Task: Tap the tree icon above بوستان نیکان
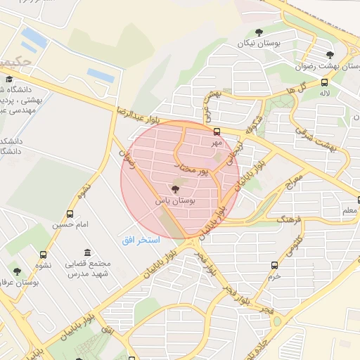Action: (259, 32)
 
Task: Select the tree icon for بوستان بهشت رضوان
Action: (330, 55)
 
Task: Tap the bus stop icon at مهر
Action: (217, 131)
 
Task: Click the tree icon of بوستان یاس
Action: (175, 188)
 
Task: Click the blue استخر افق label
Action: (141, 240)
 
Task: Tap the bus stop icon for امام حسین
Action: (70, 214)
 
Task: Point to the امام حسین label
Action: (69, 225)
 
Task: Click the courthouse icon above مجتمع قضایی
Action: (87, 252)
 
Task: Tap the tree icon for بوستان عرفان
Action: (17, 271)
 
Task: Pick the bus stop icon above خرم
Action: (274, 265)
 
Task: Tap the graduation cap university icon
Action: (10, 79)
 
